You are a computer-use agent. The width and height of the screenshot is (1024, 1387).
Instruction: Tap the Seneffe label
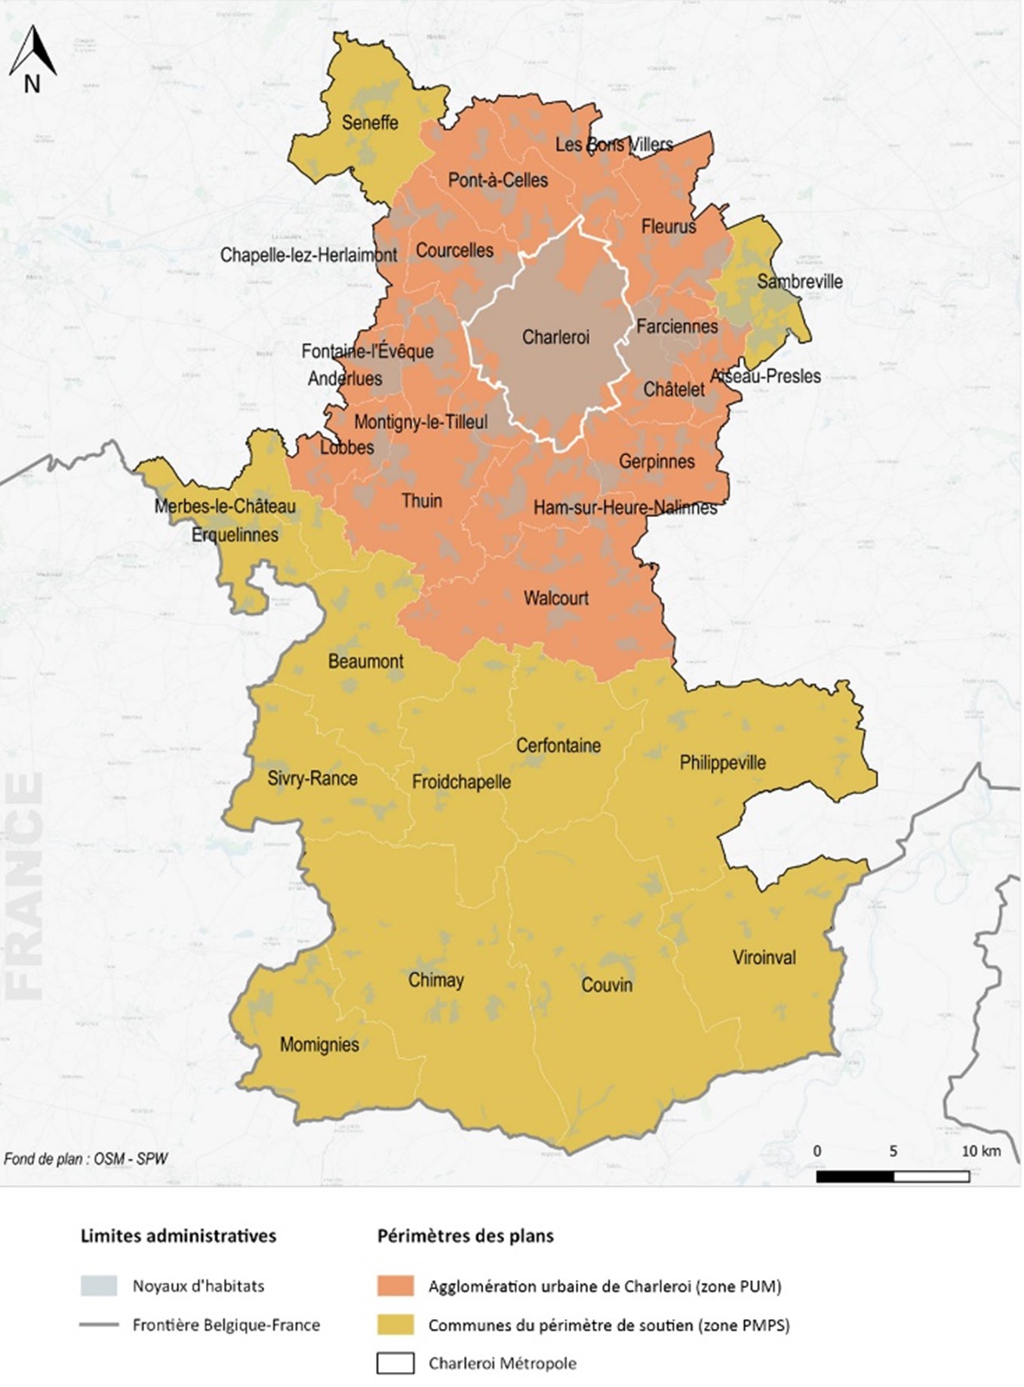(x=370, y=122)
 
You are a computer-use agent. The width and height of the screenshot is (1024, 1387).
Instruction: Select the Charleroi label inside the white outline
(x=555, y=337)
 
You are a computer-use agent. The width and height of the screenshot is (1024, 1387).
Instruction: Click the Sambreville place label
(x=800, y=281)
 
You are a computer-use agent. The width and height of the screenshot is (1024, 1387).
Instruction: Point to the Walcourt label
(x=556, y=598)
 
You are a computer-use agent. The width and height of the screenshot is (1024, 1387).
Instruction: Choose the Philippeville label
(x=722, y=762)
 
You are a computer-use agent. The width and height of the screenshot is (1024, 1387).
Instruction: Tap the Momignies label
(x=319, y=1044)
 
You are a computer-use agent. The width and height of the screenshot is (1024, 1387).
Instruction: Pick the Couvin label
(x=607, y=984)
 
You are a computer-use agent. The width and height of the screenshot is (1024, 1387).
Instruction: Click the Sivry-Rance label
(x=312, y=778)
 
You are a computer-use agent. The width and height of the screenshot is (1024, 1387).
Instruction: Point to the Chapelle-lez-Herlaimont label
(x=309, y=255)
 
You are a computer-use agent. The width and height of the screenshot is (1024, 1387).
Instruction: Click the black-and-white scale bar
(x=893, y=1176)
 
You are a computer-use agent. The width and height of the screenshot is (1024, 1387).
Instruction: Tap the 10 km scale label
(x=980, y=1151)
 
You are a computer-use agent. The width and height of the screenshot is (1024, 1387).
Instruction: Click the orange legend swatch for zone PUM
(x=395, y=1286)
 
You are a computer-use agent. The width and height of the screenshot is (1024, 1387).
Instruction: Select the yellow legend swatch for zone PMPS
(x=395, y=1325)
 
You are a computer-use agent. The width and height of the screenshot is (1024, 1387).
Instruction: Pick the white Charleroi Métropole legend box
(x=395, y=1364)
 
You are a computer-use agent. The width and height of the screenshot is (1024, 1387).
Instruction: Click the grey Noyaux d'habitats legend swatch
(x=99, y=1286)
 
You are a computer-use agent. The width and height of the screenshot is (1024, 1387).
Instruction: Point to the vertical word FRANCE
(x=24, y=887)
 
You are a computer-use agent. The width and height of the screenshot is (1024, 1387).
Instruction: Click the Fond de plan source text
(x=85, y=1158)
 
